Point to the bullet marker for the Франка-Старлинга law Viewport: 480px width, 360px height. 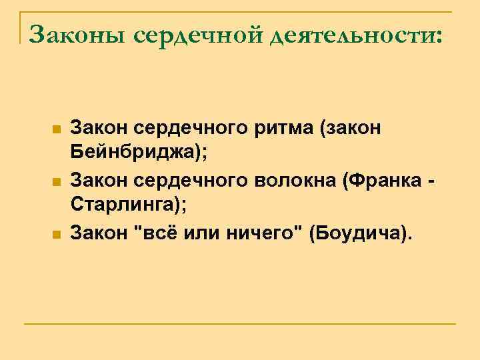pyautogui.click(x=57, y=181)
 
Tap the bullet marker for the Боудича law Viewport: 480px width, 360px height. pyautogui.click(x=57, y=234)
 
